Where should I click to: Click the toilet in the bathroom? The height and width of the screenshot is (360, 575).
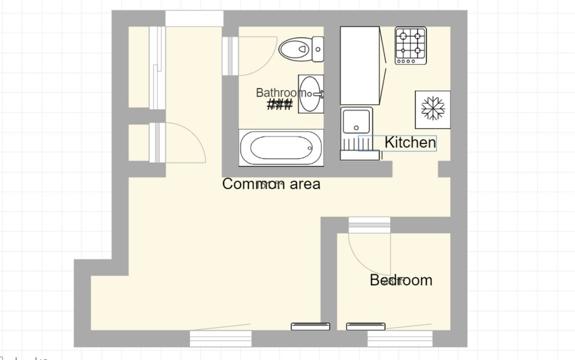pos(301,48)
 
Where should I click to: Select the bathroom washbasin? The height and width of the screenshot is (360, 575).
pos(310,94)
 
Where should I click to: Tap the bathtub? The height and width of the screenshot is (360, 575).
pos(281,148)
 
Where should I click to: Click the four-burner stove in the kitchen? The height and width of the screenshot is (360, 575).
pos(410,45)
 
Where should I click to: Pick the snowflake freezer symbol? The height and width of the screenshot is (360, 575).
pos(433,109)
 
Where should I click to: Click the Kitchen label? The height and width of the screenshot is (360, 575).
pos(410,143)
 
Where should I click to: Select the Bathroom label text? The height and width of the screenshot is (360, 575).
pos(280,92)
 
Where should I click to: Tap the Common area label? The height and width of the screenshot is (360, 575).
pos(271,184)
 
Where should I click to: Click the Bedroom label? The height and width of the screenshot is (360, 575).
pos(401,280)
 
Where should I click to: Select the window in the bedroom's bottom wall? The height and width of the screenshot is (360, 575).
pos(400,338)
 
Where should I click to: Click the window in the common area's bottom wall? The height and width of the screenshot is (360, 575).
pos(220,338)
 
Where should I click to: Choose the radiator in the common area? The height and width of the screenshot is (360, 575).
pos(310,326)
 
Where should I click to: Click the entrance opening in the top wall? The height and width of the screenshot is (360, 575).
pos(193,18)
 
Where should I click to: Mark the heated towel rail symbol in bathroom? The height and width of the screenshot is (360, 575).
pos(280,105)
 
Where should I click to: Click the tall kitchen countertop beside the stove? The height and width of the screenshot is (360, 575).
pos(360,65)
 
